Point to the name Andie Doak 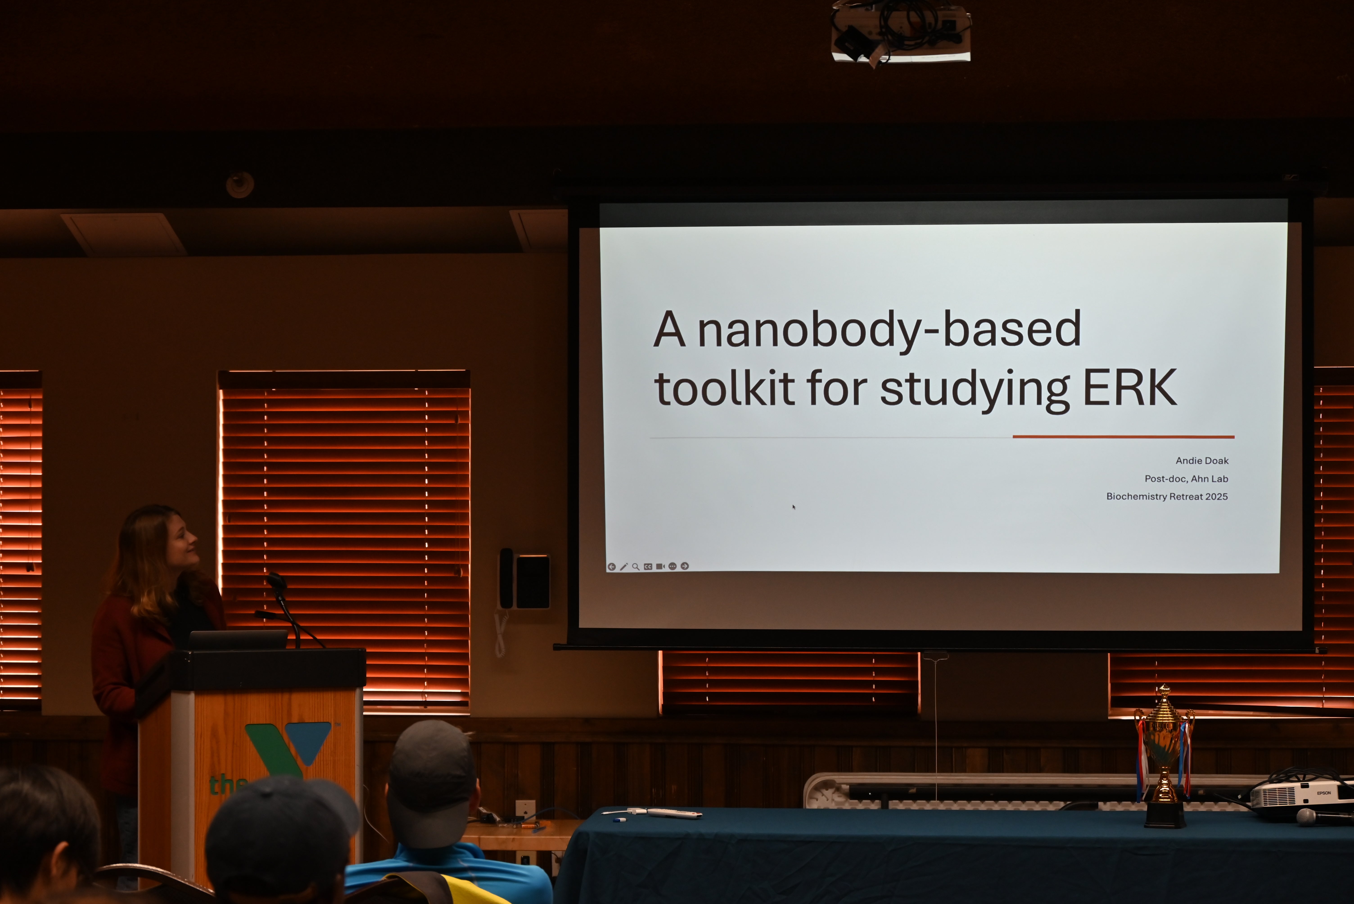1202,461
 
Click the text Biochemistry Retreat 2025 1167,496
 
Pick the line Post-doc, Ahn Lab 1186,479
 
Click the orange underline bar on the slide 1124,436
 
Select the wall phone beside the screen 523,579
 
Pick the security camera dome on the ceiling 240,185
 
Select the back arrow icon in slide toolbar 612,567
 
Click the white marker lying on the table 673,814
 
